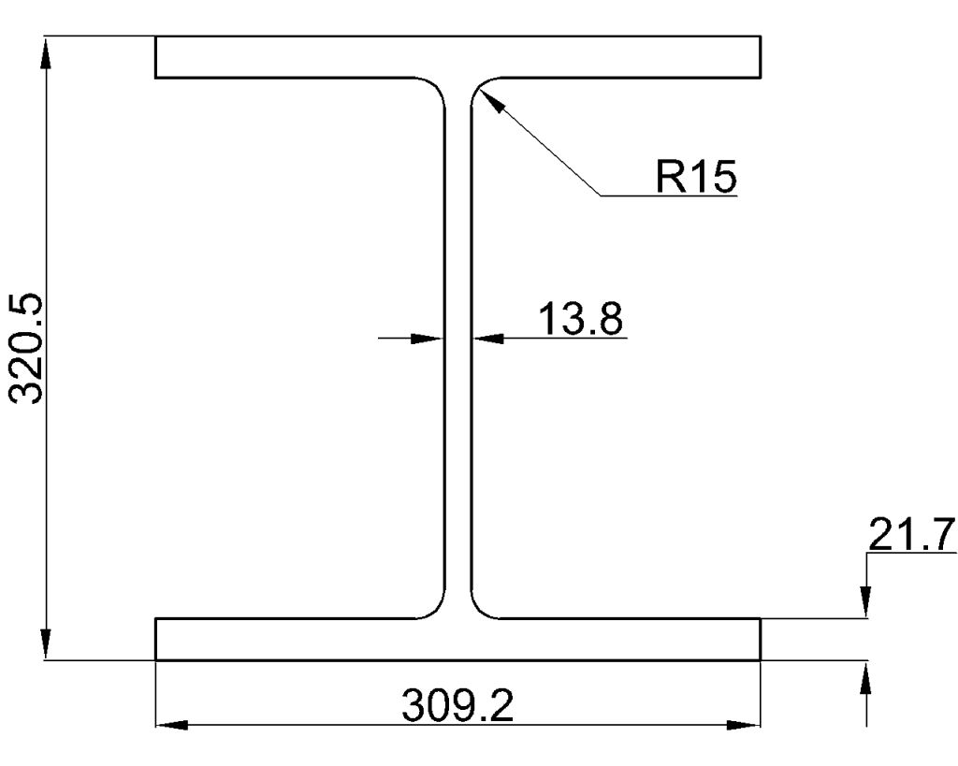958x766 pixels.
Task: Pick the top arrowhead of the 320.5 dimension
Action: point(45,51)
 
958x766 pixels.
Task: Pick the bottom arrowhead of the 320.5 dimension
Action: point(45,646)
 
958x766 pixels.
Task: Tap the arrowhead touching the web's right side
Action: point(485,338)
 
